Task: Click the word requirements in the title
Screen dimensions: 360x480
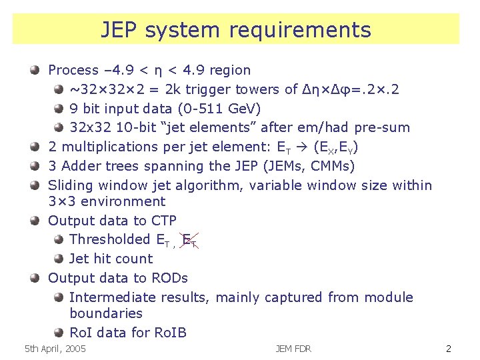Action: tap(299, 31)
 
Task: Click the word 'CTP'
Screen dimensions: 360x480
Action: tap(163, 221)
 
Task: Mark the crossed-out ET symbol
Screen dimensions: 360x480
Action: tap(189, 239)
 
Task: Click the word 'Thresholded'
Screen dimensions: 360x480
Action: tap(110, 239)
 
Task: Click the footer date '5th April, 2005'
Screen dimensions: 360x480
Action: tap(55, 349)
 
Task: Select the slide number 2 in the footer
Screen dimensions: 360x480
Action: tap(449, 349)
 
